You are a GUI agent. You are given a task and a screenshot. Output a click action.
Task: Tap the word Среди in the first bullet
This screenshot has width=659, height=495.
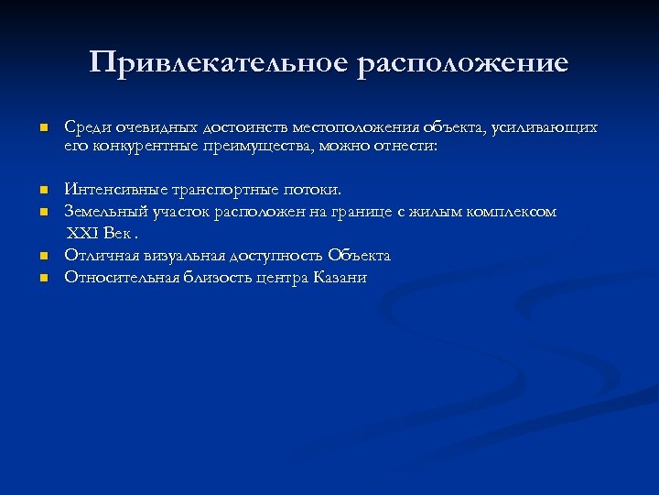[85, 127]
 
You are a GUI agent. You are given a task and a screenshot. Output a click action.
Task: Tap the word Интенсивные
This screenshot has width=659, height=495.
[108, 190]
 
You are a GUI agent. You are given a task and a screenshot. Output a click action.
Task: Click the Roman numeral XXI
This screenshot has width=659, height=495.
[81, 234]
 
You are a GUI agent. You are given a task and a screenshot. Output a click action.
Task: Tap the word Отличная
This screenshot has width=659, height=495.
[98, 256]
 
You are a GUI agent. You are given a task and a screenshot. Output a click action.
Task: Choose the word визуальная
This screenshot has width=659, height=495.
[186, 256]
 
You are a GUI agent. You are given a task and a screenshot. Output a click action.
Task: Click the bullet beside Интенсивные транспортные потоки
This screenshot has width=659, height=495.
[42, 191]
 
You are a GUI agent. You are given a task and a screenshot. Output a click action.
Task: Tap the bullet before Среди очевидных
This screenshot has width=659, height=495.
[42, 128]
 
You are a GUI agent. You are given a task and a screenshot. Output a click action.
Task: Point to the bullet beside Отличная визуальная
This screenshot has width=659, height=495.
[42, 257]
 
